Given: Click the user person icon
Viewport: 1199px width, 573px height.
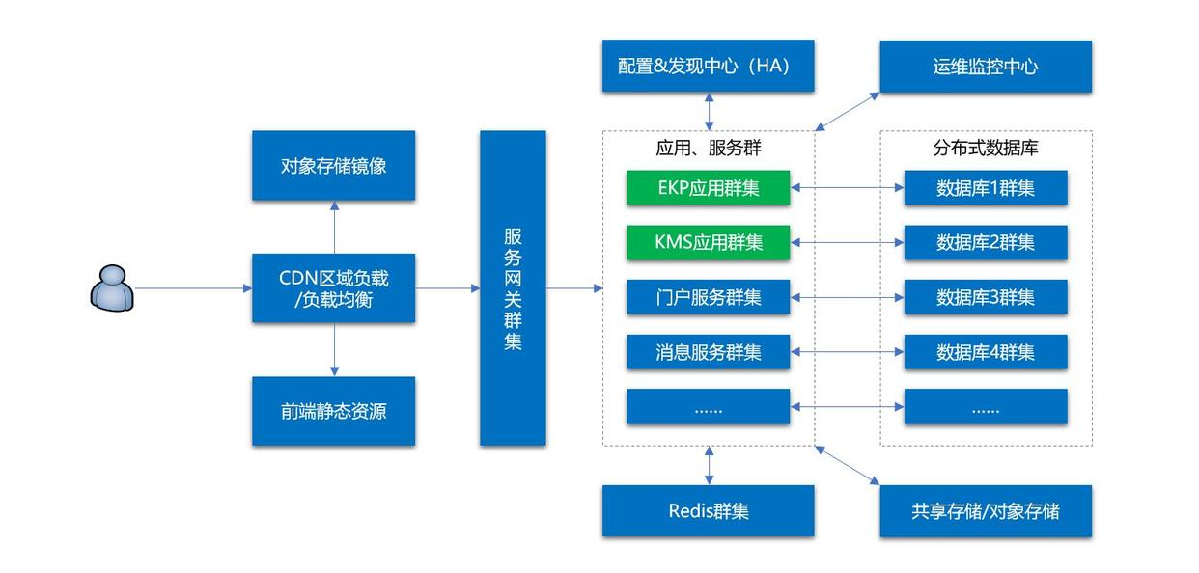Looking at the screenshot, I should (x=111, y=287).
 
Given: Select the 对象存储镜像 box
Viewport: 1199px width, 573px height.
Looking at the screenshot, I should (x=334, y=166).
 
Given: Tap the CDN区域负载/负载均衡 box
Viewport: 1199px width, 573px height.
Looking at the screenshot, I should (x=334, y=288).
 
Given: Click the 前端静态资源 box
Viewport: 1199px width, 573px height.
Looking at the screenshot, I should (x=334, y=411).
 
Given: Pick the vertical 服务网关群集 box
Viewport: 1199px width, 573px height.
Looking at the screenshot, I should (x=513, y=288).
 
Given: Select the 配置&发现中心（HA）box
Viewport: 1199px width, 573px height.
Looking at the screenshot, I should (x=708, y=67).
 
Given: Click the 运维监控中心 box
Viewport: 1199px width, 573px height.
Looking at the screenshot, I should (x=986, y=67).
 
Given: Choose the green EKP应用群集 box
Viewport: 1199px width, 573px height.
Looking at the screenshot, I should (x=708, y=188).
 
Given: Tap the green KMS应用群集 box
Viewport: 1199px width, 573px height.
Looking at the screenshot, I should (x=708, y=242).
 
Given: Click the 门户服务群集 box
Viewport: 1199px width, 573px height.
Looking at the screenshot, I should (x=708, y=297).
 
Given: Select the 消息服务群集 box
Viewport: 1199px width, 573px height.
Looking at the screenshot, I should (x=708, y=352).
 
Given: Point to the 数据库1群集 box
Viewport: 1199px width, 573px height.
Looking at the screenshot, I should (x=986, y=188).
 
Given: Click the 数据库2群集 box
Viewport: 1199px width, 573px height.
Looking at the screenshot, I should (x=986, y=242).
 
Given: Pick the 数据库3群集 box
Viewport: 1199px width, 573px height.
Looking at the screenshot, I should (x=986, y=297).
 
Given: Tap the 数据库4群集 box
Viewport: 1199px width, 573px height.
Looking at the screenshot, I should (x=986, y=352).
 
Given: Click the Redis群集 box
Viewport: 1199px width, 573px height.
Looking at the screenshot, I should (x=708, y=511).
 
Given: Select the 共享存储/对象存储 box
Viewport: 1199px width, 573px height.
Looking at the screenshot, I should (x=986, y=511).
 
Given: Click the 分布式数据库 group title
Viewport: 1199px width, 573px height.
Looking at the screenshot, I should (x=986, y=149).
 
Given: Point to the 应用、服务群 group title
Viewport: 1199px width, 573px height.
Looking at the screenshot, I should (x=708, y=149).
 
